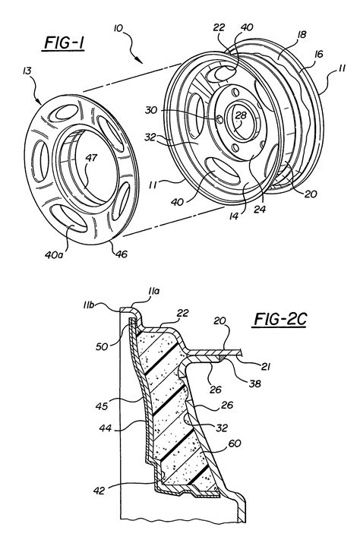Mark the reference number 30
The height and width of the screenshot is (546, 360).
tap(194, 109)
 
